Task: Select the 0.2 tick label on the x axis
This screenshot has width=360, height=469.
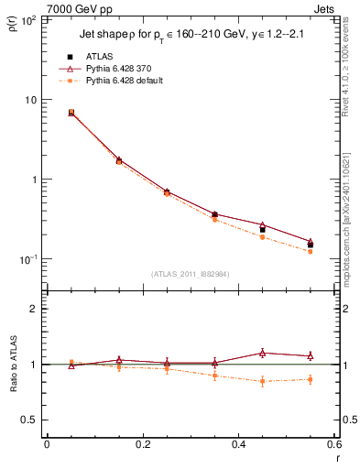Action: tap(142, 445)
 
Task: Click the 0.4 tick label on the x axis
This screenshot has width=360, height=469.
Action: tap(238, 445)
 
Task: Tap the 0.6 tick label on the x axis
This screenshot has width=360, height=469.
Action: tap(333, 445)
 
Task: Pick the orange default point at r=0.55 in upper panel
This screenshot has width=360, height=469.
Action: tap(311, 251)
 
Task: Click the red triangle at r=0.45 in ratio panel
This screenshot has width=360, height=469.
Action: tap(262, 353)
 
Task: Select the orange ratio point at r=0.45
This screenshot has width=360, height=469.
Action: tap(262, 381)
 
